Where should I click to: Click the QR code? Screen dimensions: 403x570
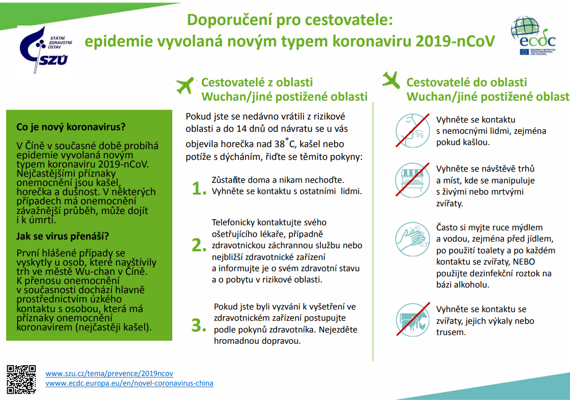pos(22,378)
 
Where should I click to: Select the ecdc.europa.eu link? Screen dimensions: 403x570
pos(129,383)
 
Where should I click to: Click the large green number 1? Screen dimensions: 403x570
pos(198,188)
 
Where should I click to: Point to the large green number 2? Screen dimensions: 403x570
pos(198,245)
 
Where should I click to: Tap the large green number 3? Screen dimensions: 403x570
pos(198,325)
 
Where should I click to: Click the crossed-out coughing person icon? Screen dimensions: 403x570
pos(412,130)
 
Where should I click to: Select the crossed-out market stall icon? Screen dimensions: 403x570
pos(412,179)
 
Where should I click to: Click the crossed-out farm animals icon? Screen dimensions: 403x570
pos(412,320)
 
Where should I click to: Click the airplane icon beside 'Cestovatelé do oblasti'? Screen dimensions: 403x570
pos(391,79)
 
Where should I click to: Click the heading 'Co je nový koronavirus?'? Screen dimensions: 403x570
pos(71,127)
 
